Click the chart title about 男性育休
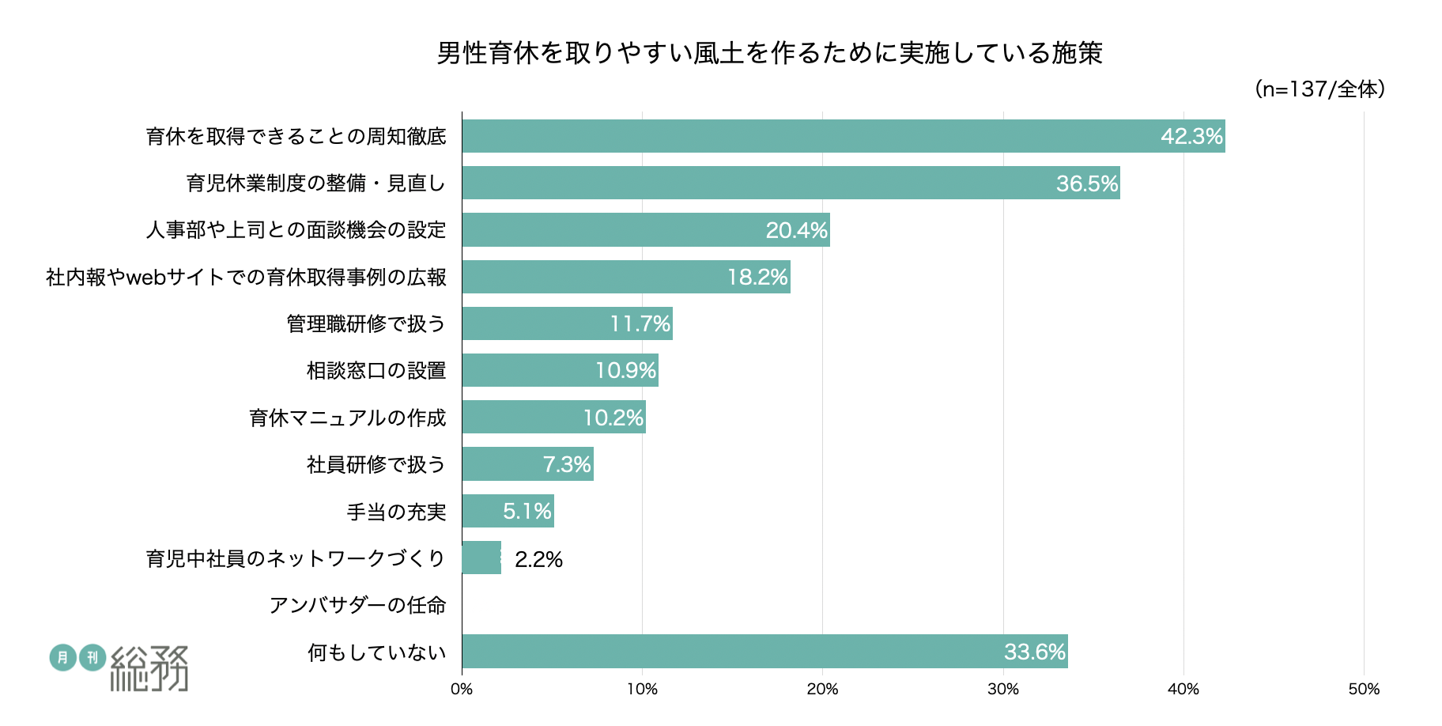[769, 53]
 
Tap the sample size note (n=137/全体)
[1319, 89]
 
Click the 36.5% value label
[1087, 183]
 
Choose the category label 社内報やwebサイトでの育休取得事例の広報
[247, 277]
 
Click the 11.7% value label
[640, 323]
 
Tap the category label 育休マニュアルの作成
[348, 418]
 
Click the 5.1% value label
[527, 511]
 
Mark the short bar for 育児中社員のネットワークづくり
[481, 558]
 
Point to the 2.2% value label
[538, 560]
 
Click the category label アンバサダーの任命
[358, 605]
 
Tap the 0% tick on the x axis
[462, 690]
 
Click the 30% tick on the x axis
[1002, 690]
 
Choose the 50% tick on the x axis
[1364, 690]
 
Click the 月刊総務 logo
[119, 667]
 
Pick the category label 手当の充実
[397, 512]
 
